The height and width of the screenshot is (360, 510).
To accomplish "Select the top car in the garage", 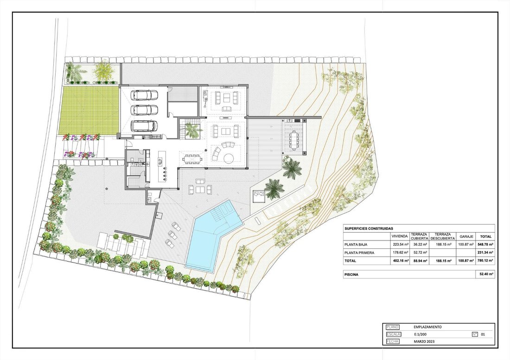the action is click(144, 95).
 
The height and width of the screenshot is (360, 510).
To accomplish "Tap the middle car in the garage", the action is click(144, 109).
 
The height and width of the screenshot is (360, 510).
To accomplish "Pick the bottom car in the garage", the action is click(144, 126).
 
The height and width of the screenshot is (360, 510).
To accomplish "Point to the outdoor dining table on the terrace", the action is click(294, 140).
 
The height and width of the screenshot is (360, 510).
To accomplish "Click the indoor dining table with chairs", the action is click(192, 159).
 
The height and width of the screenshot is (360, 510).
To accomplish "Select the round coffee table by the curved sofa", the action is click(228, 158).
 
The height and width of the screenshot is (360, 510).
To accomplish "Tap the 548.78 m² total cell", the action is click(486, 244).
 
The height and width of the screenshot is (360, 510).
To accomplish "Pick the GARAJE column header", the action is click(466, 237).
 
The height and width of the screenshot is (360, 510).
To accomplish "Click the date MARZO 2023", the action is click(424, 341).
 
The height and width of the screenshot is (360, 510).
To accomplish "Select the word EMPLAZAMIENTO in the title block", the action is click(427, 327).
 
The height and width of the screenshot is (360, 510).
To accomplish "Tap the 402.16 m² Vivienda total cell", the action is click(401, 260).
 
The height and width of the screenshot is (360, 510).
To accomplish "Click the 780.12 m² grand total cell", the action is click(486, 260).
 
